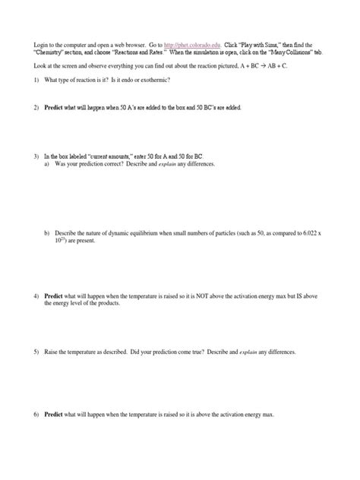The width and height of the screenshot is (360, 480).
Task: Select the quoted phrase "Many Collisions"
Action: (x=298, y=52)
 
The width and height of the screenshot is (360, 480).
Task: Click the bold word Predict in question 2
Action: (x=54, y=108)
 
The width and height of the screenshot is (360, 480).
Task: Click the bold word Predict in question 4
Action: (x=54, y=295)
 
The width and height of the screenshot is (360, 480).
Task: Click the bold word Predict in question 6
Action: (x=54, y=415)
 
